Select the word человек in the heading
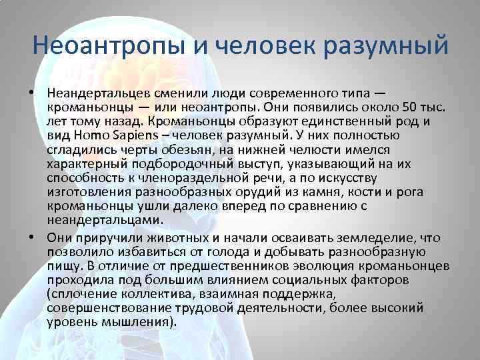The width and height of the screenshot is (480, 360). [260, 47]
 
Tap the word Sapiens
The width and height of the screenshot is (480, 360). [123, 135]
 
